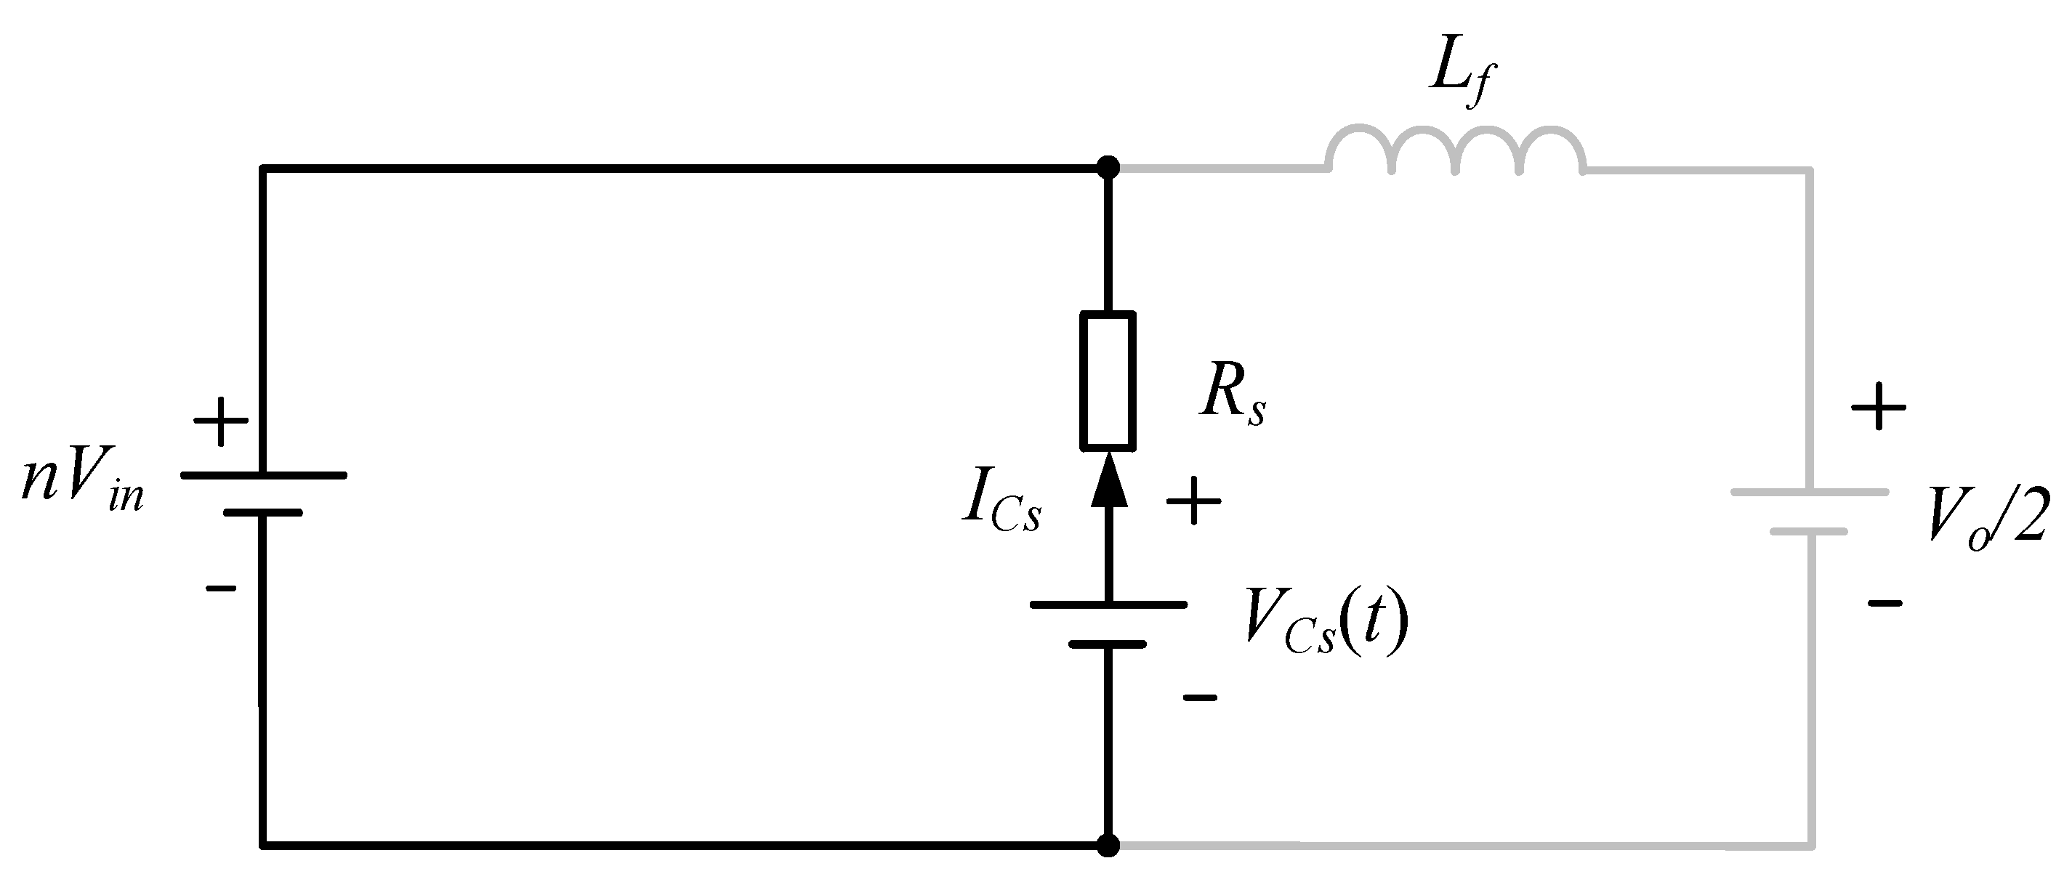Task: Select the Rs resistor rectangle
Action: tap(1108, 379)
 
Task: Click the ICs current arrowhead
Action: tap(1108, 480)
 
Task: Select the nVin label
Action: tap(83, 483)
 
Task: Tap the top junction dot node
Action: tap(1108, 168)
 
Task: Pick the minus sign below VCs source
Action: tap(1199, 698)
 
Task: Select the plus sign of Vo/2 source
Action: tap(1878, 408)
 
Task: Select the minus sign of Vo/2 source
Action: tap(1884, 602)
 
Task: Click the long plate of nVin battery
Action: tap(263, 475)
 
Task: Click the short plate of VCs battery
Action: tap(1108, 644)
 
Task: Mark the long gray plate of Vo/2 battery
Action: tap(1809, 492)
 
